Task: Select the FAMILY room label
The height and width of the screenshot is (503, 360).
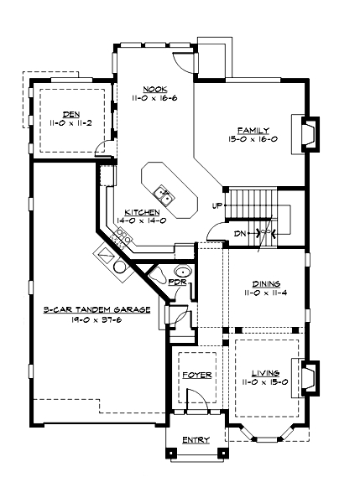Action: (x=253, y=130)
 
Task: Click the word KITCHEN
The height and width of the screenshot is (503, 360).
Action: (x=142, y=212)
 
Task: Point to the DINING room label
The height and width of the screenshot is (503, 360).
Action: (x=265, y=283)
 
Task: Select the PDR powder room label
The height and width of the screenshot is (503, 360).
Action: (x=176, y=283)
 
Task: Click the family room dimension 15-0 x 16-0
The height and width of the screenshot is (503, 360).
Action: (x=253, y=138)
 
